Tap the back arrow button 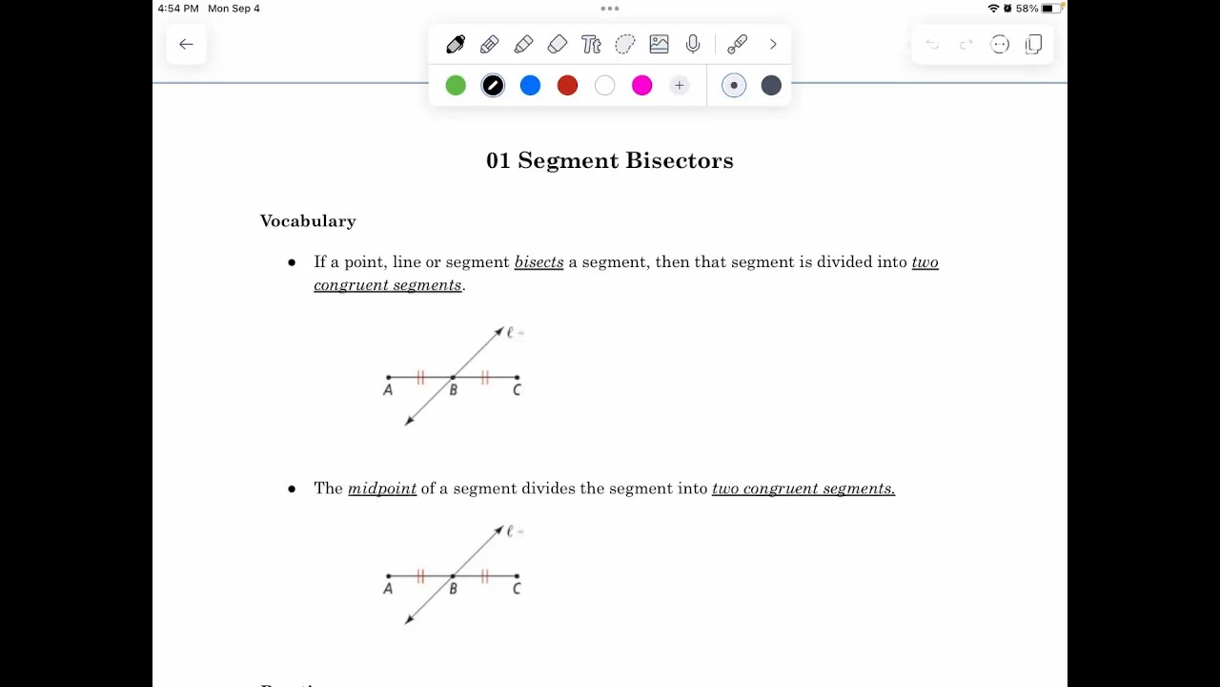point(186,44)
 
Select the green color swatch point(456,86)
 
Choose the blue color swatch point(530,86)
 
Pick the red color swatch point(567,86)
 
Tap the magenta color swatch point(642,86)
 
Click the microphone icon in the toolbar point(693,44)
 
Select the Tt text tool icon point(591,44)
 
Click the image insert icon point(659,44)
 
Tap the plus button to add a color point(679,86)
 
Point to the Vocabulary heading point(308,221)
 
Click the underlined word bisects point(539,262)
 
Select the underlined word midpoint point(382,489)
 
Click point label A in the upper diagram point(388,390)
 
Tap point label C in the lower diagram point(517,589)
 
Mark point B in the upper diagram point(453,378)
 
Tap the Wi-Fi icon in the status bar point(993,9)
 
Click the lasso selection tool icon point(625,44)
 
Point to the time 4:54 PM point(178,9)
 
